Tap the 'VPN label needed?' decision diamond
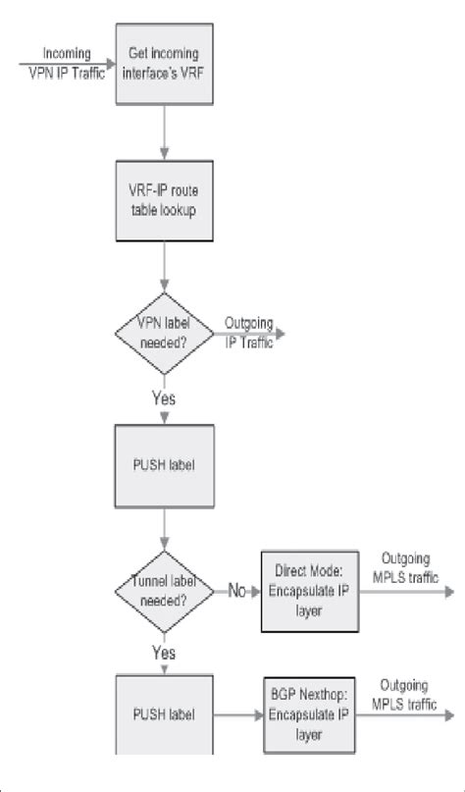[163, 335]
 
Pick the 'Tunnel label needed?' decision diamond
[163, 593]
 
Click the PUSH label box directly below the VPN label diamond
[163, 463]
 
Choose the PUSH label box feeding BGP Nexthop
[163, 713]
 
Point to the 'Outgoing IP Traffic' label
[249, 334]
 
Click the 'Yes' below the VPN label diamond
[164, 399]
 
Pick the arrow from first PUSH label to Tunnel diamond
[163, 527]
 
